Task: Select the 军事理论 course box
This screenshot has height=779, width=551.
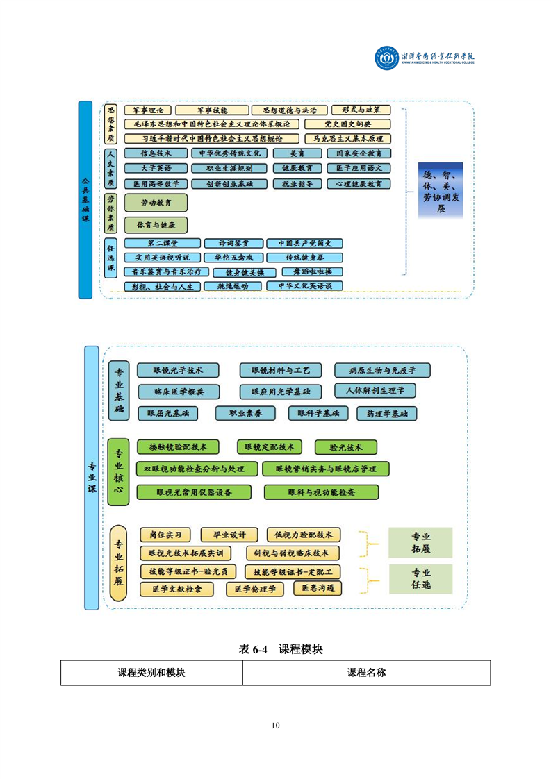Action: (x=147, y=110)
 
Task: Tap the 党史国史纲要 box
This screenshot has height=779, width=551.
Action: (x=347, y=124)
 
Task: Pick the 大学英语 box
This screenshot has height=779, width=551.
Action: (x=147, y=168)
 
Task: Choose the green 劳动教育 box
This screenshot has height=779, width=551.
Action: (x=156, y=203)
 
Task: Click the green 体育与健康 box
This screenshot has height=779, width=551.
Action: (x=156, y=226)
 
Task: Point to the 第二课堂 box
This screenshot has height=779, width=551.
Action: (x=162, y=244)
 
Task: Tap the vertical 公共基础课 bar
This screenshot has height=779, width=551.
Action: (x=85, y=199)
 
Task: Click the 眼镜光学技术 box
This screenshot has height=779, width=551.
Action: (x=178, y=370)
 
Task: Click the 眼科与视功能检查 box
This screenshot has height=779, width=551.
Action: (x=321, y=492)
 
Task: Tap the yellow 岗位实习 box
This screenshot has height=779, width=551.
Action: (x=165, y=535)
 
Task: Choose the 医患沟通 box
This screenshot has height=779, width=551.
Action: (x=318, y=588)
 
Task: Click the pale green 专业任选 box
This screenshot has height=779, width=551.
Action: (x=421, y=579)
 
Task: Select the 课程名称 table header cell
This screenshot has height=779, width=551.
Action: (x=366, y=673)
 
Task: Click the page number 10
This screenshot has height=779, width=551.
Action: (x=276, y=726)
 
